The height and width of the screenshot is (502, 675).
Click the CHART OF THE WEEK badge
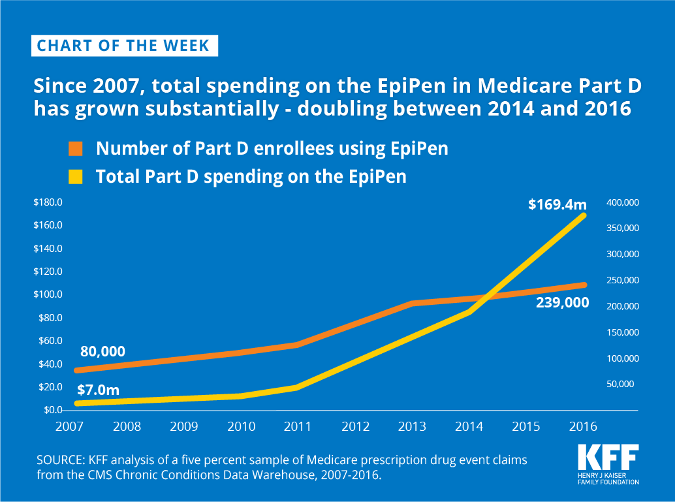tap(124, 46)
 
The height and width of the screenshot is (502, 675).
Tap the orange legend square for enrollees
tap(76, 149)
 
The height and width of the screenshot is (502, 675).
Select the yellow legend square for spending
tap(76, 177)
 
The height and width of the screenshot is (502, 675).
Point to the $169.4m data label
tap(557, 204)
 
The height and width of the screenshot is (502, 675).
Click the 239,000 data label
tap(561, 302)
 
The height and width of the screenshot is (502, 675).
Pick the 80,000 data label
tap(102, 351)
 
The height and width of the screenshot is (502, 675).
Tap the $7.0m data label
tap(99, 390)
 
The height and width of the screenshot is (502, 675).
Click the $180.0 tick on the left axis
tap(48, 202)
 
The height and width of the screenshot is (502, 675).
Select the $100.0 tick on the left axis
tap(48, 294)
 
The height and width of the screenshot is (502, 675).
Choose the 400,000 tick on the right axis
tap(623, 203)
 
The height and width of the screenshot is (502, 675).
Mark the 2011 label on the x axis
tap(298, 427)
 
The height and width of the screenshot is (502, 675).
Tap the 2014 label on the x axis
tap(469, 427)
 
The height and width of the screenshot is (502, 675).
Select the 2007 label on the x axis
tap(69, 427)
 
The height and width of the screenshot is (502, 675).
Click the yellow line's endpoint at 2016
tap(584, 215)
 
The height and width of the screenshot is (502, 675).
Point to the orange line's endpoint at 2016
tap(584, 285)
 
